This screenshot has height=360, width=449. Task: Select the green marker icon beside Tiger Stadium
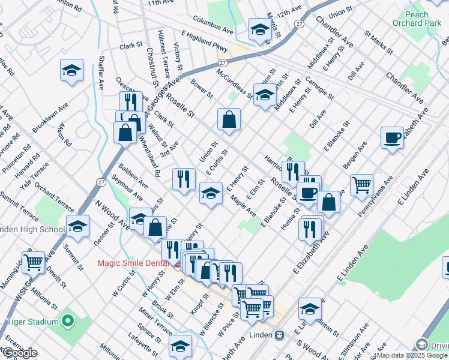(68, 322)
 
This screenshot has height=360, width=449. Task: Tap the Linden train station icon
(279, 335)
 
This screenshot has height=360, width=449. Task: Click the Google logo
(20, 353)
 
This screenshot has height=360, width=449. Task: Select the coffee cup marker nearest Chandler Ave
(392, 137)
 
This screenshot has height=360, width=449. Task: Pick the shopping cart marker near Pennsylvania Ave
(361, 185)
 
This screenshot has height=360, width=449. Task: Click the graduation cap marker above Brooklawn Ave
(71, 70)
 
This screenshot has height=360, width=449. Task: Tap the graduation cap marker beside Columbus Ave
(259, 29)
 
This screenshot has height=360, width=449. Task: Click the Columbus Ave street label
(213, 27)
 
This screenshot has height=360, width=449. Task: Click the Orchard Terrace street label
(55, 197)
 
